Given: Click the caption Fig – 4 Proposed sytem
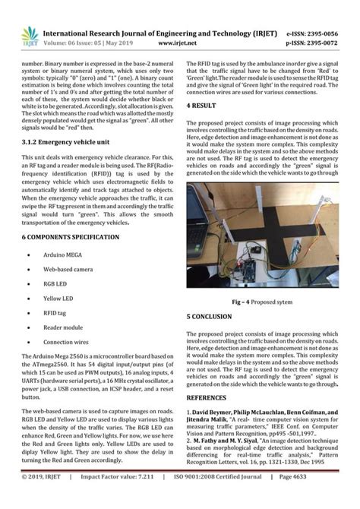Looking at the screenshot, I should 262,302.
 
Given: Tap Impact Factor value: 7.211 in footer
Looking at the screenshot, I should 122,498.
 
